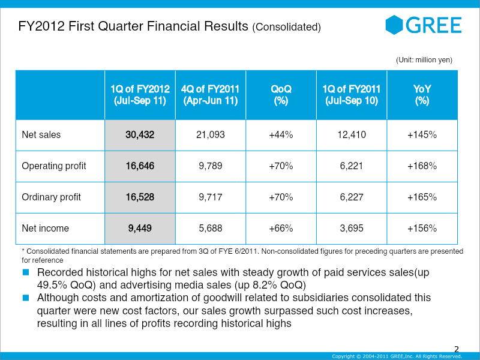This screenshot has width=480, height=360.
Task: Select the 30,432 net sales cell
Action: [140, 135]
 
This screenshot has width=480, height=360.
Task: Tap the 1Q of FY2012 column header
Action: [140, 95]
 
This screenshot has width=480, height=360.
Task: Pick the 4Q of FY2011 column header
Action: [211, 95]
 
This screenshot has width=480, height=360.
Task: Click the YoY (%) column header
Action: [422, 95]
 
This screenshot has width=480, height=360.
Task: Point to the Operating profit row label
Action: [54, 166]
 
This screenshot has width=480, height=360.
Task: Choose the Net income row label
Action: [45, 228]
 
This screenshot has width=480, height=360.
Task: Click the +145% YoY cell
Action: [422, 135]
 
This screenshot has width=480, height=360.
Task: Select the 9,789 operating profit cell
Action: [211, 166]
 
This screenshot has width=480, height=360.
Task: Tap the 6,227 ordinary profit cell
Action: [351, 197]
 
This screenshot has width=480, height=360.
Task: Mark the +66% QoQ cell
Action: [281, 228]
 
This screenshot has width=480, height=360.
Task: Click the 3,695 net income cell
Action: [351, 228]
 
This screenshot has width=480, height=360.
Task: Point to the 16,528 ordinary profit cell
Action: [140, 197]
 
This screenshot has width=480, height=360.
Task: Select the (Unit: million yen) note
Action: [424, 60]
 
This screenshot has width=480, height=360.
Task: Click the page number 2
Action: [457, 349]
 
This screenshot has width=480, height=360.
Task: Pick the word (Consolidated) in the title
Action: [286, 28]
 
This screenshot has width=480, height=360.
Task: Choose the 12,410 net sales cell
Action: [351, 135]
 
